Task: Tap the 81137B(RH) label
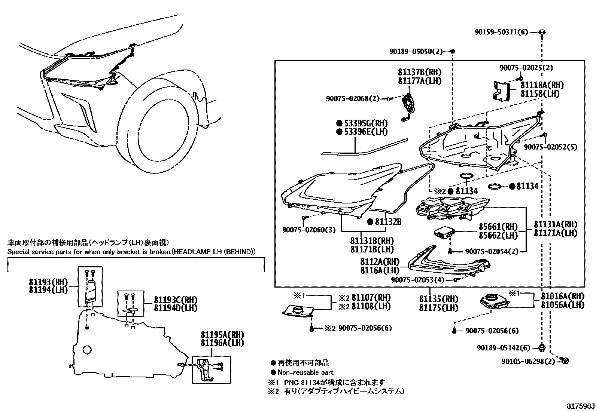(419, 72)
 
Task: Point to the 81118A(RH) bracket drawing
(501, 91)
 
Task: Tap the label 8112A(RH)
(380, 261)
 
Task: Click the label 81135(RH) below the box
(438, 299)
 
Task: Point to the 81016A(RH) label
(562, 296)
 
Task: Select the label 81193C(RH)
(175, 300)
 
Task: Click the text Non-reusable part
(305, 372)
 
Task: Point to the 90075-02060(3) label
(309, 229)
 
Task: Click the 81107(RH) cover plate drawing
(297, 310)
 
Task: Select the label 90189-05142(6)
(504, 348)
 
